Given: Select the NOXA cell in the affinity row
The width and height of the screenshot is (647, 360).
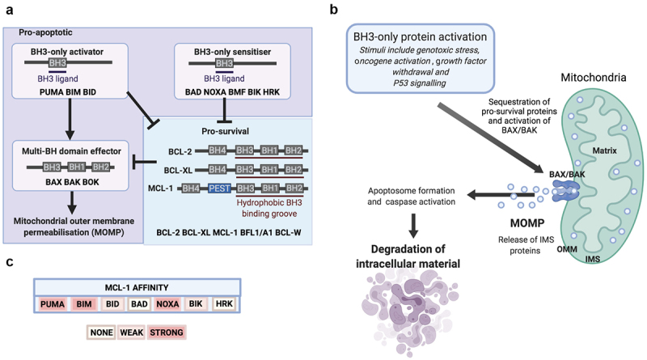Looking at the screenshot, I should (167, 303).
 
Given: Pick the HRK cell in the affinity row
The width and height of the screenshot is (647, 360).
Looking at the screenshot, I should (224, 303).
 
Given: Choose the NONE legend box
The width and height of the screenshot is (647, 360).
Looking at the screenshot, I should (100, 332).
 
